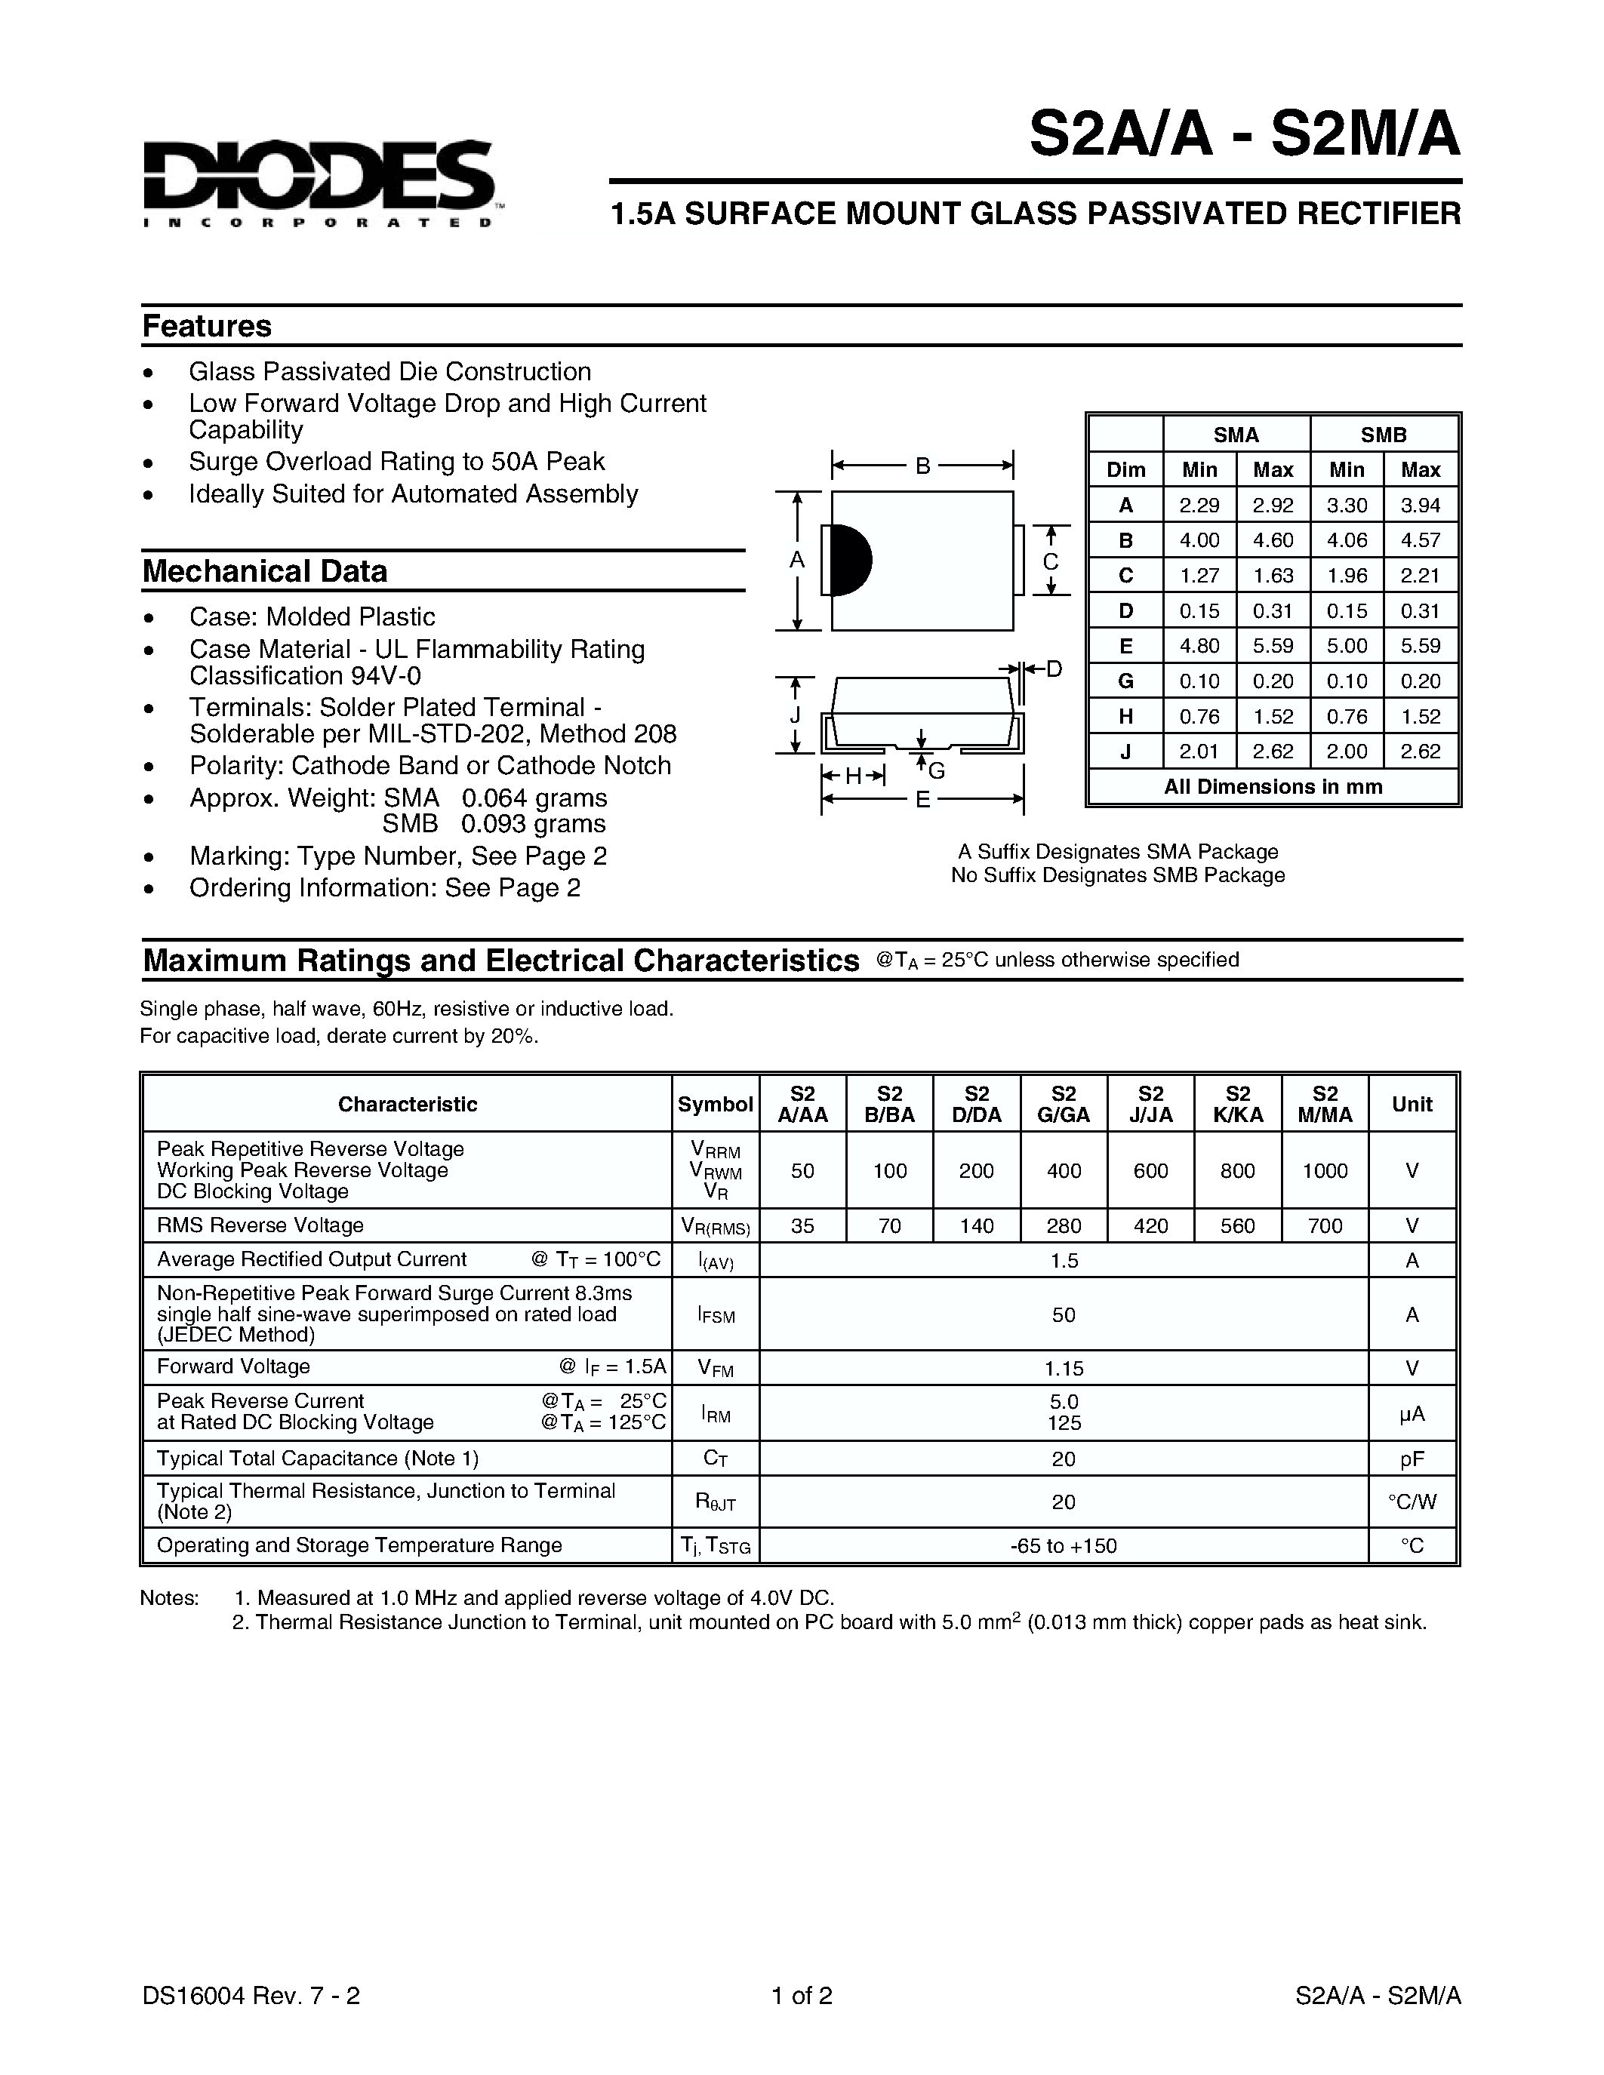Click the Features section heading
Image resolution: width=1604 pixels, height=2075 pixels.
click(207, 326)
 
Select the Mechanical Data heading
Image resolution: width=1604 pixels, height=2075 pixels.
click(265, 571)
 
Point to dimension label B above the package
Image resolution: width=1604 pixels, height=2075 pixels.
click(922, 466)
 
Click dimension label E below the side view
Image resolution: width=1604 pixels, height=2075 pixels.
click(922, 800)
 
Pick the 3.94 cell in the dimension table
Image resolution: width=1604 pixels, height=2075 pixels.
click(1421, 506)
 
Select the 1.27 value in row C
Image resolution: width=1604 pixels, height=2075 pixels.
click(1199, 576)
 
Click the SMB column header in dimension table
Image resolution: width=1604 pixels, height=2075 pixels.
click(1384, 435)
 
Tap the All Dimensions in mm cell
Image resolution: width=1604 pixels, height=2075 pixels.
click(1273, 787)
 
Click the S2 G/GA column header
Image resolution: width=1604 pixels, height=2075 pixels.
click(1064, 1104)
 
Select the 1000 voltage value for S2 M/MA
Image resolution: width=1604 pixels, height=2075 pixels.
click(1325, 1170)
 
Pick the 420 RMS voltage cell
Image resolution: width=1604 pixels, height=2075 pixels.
click(1151, 1225)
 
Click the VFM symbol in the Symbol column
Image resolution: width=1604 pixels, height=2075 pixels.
click(715, 1368)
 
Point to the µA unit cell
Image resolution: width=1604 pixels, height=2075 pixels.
click(1412, 1414)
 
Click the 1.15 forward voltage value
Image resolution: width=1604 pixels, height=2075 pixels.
click(1064, 1368)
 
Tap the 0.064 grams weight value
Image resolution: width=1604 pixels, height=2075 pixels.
click(534, 798)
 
